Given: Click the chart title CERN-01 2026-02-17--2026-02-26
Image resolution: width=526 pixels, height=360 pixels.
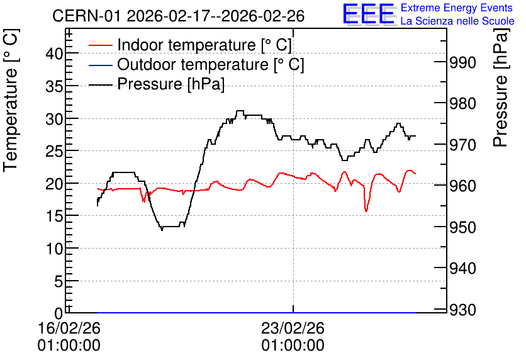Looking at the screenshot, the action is [x=179, y=16].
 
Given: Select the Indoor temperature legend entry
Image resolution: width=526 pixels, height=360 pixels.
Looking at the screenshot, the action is [x=190, y=45].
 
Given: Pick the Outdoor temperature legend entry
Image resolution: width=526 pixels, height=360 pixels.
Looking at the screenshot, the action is [x=196, y=64].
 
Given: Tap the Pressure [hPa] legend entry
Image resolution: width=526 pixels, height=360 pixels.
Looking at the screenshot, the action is [x=156, y=84].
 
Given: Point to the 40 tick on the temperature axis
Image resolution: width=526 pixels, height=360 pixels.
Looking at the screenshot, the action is [x=54, y=53].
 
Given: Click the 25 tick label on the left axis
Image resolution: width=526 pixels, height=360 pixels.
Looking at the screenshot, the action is [x=54, y=151].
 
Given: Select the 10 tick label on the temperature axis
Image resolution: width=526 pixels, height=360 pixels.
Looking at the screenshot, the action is [x=54, y=249].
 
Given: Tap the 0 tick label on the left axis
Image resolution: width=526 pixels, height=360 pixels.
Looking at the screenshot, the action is [x=59, y=314].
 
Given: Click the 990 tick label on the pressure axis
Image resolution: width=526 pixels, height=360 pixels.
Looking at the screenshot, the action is [x=462, y=62].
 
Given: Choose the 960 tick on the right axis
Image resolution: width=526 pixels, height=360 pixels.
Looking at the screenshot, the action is [x=462, y=186].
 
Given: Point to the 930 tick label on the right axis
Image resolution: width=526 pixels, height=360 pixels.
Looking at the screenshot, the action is [x=462, y=310].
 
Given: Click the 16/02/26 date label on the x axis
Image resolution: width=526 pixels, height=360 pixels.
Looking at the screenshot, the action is [x=69, y=328].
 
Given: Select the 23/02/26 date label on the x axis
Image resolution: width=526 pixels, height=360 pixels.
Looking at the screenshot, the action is [x=293, y=328].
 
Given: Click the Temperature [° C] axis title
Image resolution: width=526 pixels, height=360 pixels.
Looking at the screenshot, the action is [x=11, y=101].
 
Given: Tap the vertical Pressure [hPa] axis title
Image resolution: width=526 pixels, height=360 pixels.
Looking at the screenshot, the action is [x=501, y=87].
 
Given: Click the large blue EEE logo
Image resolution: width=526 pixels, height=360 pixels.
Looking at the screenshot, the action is [x=369, y=14].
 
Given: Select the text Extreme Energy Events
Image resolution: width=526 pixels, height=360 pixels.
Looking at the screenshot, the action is [x=457, y=8].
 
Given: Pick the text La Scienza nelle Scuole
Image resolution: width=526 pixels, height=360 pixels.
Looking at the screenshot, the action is [x=457, y=21].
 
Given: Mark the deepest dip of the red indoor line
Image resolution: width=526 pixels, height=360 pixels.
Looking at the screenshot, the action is [x=366, y=211].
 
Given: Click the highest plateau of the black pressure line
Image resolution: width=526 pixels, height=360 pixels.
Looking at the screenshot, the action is [x=240, y=111].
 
